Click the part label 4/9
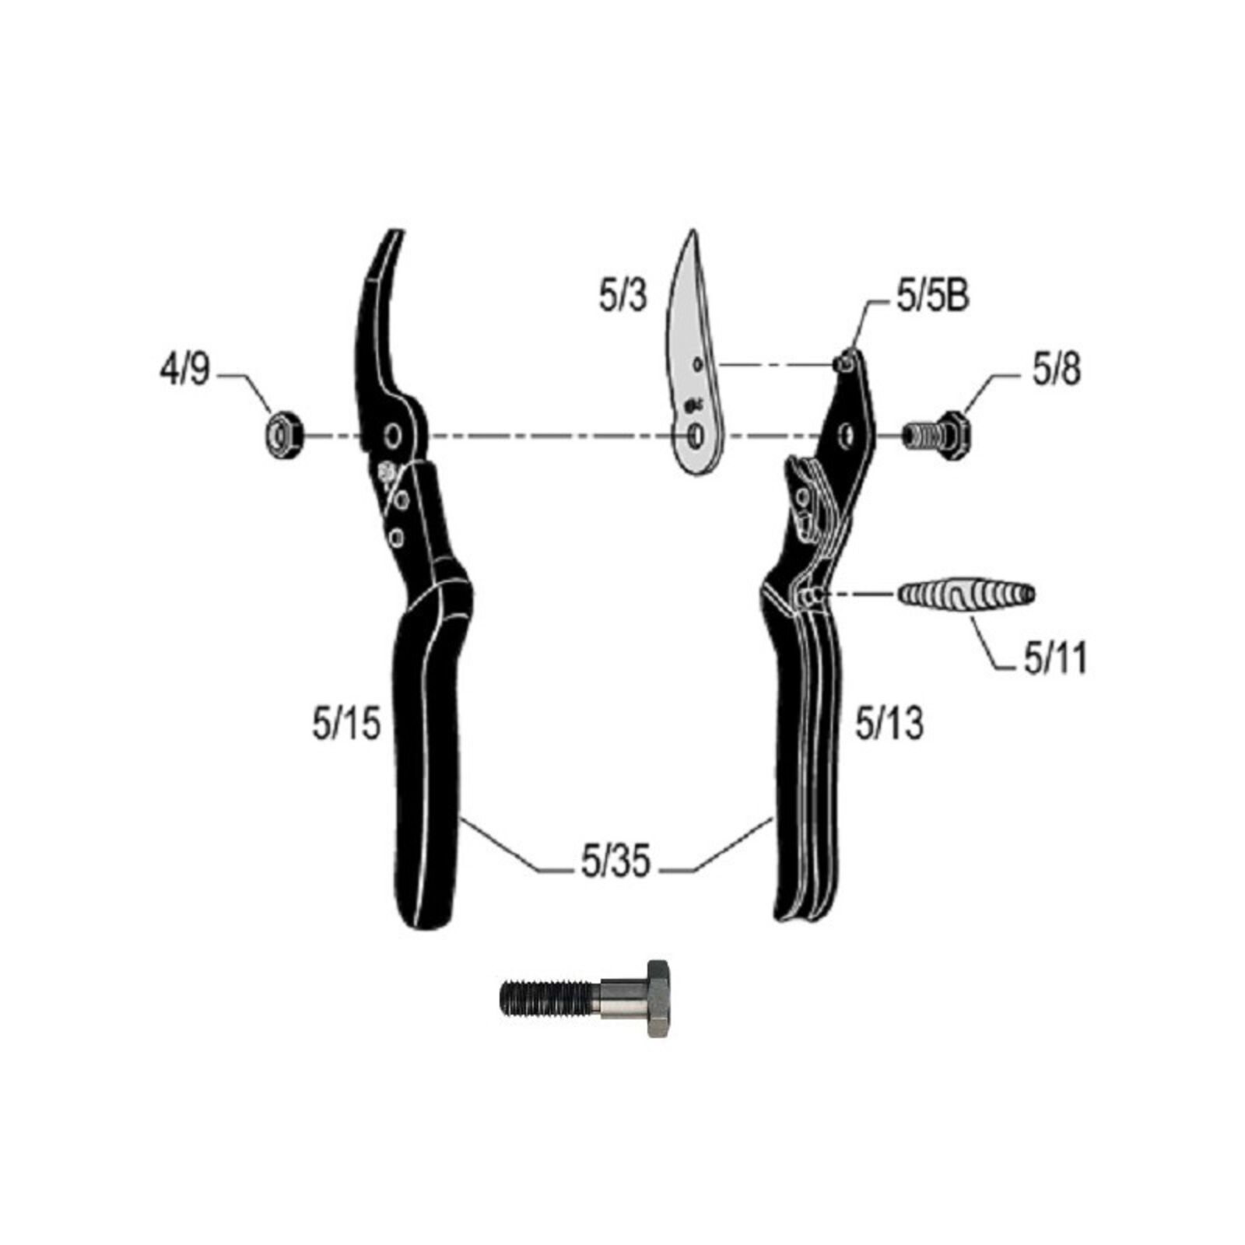[184, 370]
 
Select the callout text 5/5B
[933, 296]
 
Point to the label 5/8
[1057, 370]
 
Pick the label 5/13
[889, 724]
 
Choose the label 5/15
[346, 724]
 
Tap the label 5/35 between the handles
[615, 861]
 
